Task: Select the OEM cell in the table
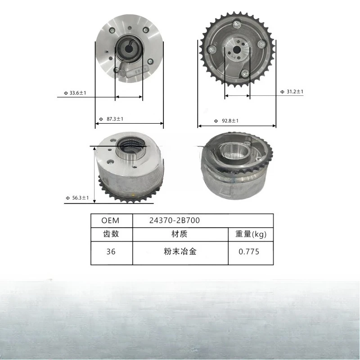[111, 221]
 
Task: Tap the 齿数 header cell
[111, 234]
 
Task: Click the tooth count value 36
[111, 252]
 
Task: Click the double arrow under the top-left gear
[129, 96]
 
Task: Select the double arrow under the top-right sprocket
[237, 96]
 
